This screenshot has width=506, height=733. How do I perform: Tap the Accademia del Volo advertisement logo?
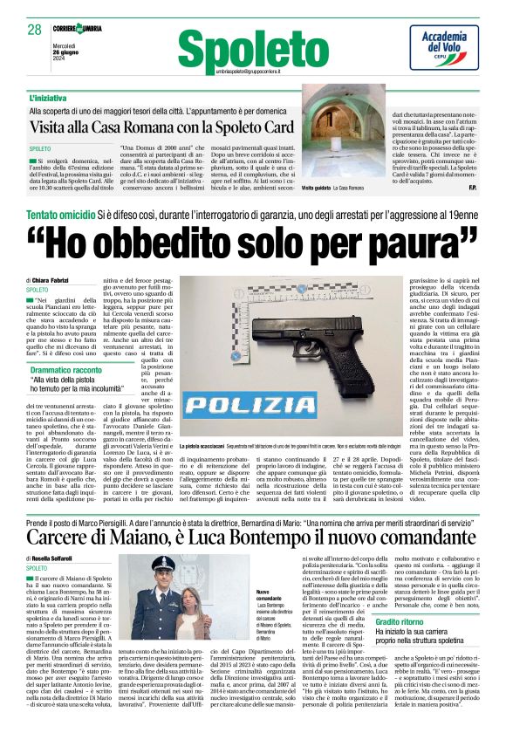pyautogui.click(x=445, y=46)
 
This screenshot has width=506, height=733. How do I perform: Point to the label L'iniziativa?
pyautogui.click(x=47, y=98)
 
